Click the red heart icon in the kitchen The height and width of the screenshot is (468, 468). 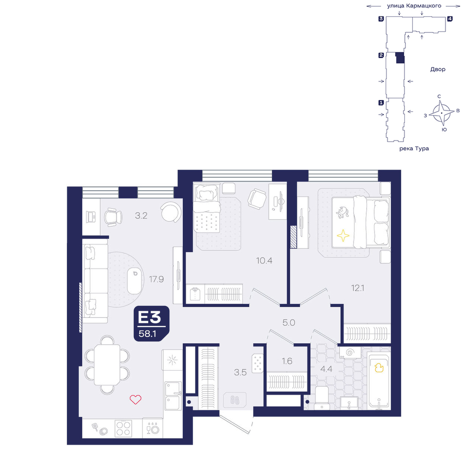coord(136,399)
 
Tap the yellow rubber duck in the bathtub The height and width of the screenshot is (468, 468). coord(379,368)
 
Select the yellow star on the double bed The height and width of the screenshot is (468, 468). coord(343,235)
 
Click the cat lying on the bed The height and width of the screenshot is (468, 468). coord(343,212)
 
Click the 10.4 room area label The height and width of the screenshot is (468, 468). coord(264,261)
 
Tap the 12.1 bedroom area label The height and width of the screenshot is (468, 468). coord(358,288)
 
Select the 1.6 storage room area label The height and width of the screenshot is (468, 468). coord(287,361)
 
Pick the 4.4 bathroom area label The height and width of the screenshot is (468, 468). coord(326,369)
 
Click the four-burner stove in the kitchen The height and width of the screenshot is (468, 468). coord(123,429)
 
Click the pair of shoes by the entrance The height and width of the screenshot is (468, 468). coord(235,400)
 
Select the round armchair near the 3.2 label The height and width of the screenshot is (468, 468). coord(171,212)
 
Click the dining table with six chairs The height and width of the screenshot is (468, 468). coord(107,365)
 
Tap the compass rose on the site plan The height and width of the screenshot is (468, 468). coord(442,113)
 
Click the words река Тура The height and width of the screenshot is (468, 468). coord(414,148)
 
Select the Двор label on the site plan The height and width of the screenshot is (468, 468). coord(438,69)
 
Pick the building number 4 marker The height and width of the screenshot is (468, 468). coord(450,19)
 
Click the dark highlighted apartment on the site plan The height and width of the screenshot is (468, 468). coord(400,58)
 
